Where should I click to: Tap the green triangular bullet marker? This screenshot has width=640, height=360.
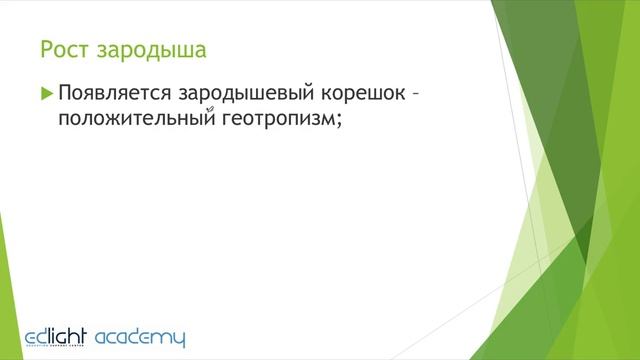pyautogui.click(x=46, y=95)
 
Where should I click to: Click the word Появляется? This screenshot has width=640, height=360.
pyautogui.click(x=115, y=97)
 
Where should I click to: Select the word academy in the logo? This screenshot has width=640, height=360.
pyautogui.click(x=139, y=337)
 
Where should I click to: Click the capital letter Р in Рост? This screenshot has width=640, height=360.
pyautogui.click(x=45, y=48)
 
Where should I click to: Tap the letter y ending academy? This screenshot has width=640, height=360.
pyautogui.click(x=178, y=339)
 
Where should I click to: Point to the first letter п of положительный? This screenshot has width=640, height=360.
pyautogui.click(x=65, y=121)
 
